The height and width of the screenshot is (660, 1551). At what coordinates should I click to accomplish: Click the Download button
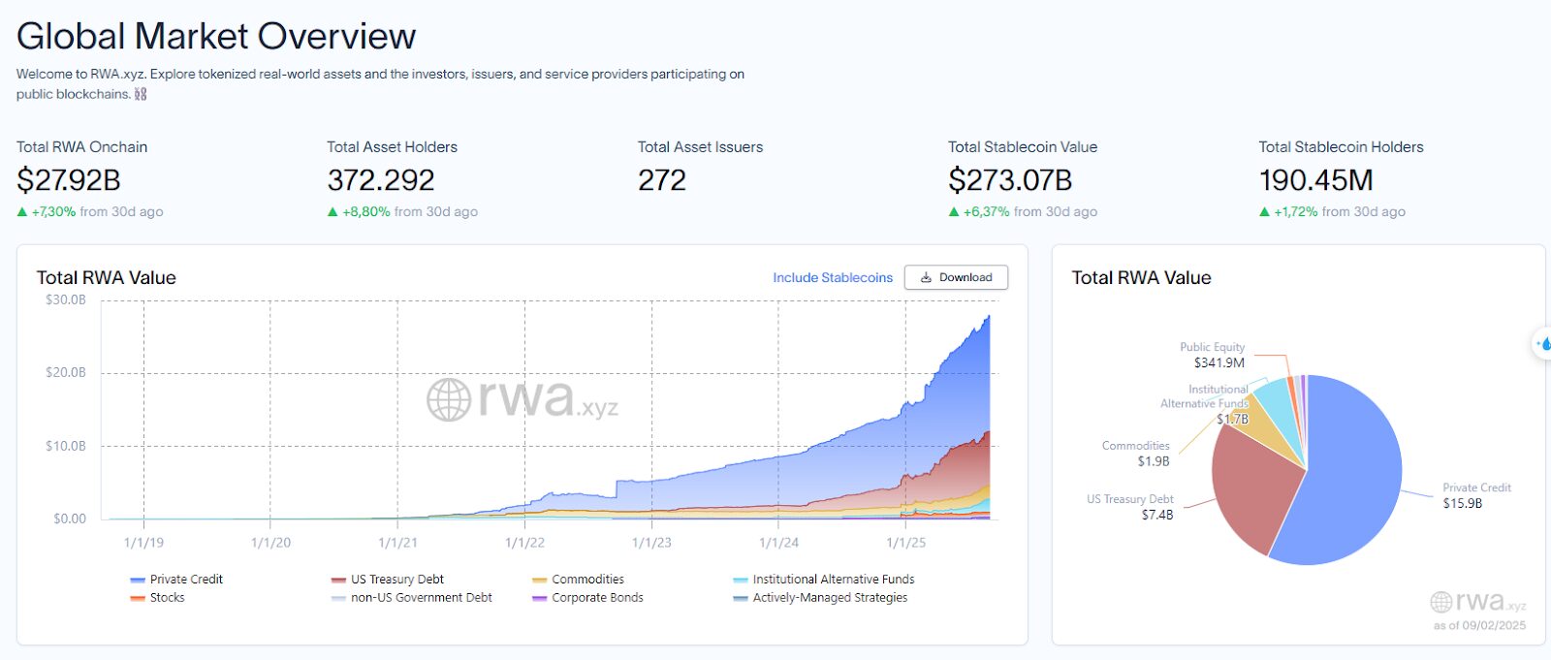[956, 277]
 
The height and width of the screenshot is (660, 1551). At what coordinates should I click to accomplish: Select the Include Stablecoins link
[833, 278]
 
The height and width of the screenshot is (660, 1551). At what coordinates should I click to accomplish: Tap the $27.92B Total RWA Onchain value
[69, 180]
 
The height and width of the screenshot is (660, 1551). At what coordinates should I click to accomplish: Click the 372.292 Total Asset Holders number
[381, 180]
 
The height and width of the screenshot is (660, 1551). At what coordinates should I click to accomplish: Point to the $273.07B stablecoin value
[1010, 180]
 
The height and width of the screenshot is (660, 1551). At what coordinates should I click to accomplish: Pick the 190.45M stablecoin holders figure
[1315, 180]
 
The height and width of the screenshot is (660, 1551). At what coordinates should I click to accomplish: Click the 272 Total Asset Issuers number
[662, 180]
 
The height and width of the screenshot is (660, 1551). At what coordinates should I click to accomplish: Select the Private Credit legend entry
[176, 579]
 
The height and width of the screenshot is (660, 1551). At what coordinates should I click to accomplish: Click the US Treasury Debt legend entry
[388, 579]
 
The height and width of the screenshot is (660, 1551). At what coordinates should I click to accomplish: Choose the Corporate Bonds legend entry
[587, 597]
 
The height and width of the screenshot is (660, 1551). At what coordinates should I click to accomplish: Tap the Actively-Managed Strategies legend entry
[820, 597]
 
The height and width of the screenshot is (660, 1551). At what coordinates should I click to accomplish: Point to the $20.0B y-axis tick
[66, 372]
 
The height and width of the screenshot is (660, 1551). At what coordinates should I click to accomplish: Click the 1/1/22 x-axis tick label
[524, 543]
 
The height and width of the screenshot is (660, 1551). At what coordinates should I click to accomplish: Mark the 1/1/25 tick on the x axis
[905, 543]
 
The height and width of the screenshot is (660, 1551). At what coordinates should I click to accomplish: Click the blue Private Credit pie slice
[1350, 478]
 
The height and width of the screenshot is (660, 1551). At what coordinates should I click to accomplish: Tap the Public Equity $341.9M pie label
[1213, 355]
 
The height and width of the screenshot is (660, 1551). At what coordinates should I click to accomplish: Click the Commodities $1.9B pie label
[1135, 454]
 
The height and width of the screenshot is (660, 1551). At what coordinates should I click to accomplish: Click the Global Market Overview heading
[216, 36]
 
